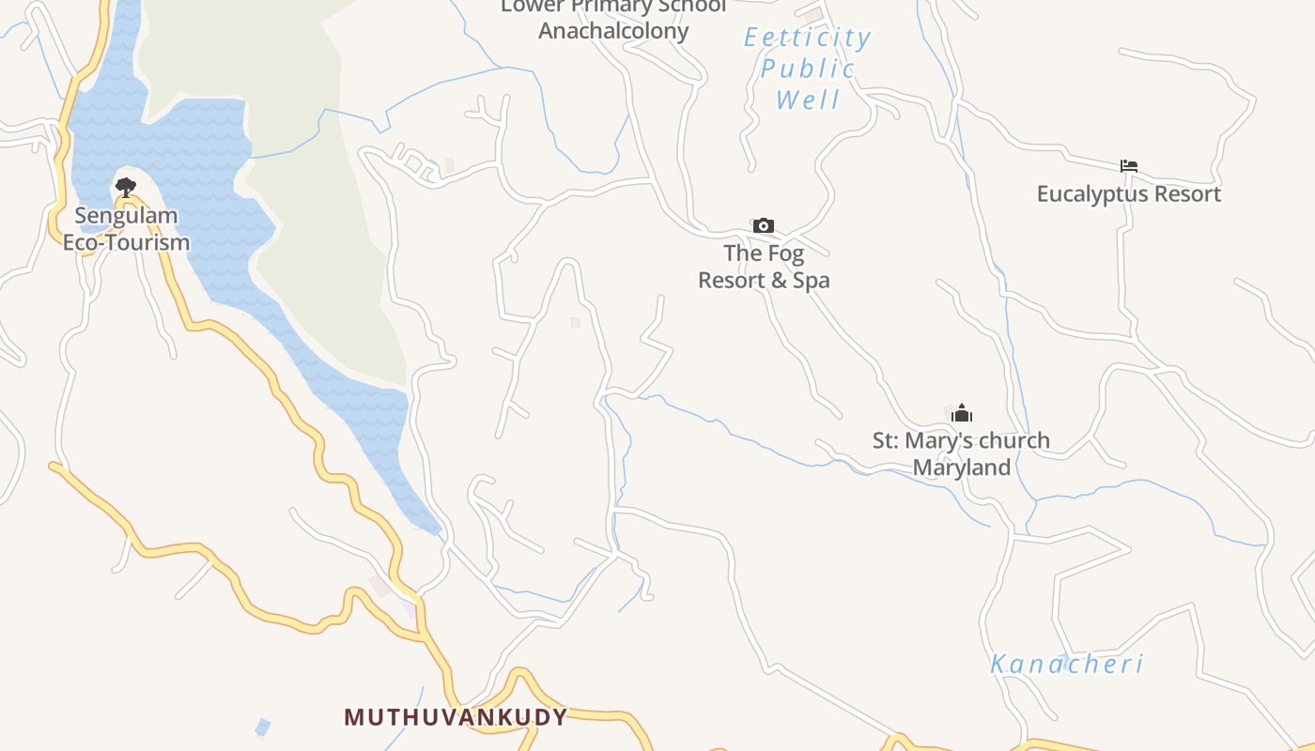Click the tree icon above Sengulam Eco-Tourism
pos(126,187)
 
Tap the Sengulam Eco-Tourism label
pos(126,229)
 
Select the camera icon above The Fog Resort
pos(764,225)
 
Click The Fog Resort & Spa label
pos(764,267)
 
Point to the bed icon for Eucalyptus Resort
pos(1129,166)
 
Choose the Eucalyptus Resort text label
pos(1129,194)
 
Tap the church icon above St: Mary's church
pos(962,413)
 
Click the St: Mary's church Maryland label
pos(961,453)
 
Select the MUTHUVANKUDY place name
pos(456,717)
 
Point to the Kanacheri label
pos(1067,665)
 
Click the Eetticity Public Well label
pos(808,68)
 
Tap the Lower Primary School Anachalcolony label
pos(613,19)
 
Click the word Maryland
pos(962,467)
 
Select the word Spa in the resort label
pos(812,281)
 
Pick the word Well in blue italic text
pos(808,100)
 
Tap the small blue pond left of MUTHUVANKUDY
pos(263,728)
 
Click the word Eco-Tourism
pos(126,242)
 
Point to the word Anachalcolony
pos(613,31)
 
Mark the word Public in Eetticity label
pos(808,69)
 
